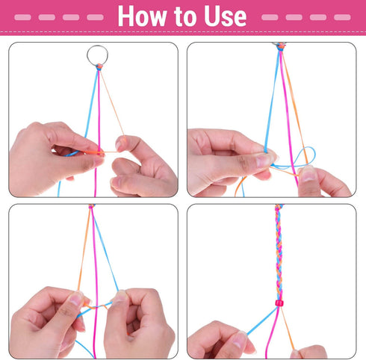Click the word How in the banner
pos(142,16)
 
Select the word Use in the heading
pos(226,16)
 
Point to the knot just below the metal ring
pos(99,66)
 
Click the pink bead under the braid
pos(279,303)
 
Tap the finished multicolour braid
pos(279,252)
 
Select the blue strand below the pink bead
pos(262,320)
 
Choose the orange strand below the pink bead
pos(288,328)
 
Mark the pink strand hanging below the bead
pos(272,331)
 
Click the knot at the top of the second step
pos(281,46)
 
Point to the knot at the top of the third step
pos(92,206)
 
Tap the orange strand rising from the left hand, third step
pos(84,249)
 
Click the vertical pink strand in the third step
pos(95,282)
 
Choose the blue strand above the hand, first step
pos(91,103)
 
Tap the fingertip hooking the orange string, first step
pos(120,143)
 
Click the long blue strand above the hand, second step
pos(272,99)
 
